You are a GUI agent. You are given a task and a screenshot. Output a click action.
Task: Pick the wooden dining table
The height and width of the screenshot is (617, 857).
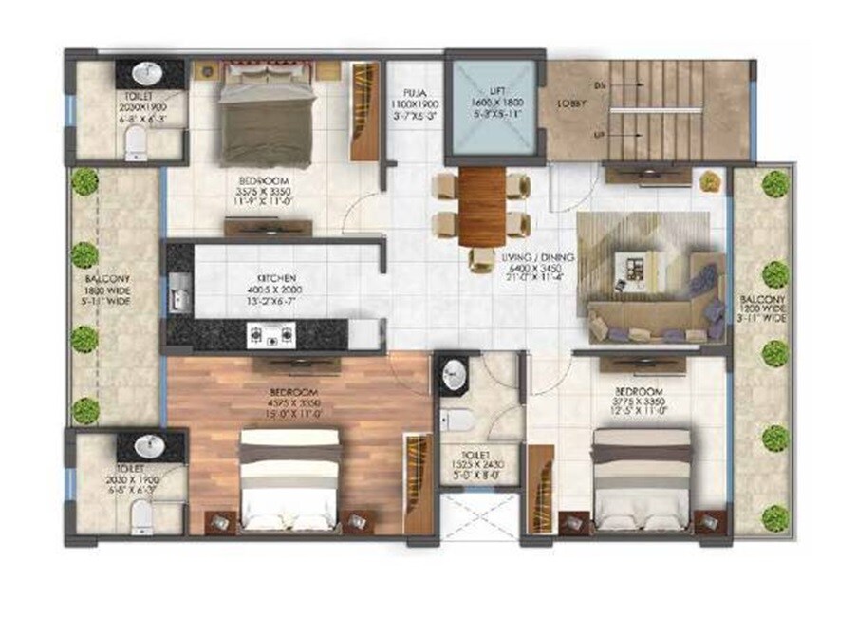pos(481,207)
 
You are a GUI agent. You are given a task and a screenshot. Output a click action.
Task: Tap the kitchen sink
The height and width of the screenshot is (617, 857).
pos(177,293)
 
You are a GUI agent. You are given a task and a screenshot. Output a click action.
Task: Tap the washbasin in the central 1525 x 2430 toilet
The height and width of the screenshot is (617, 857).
pos(451,373)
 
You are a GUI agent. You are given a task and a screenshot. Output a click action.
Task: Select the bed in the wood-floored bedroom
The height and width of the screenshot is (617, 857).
pos(289,479)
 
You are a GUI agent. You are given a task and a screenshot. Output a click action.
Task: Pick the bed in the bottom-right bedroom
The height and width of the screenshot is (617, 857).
pos(642,477)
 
